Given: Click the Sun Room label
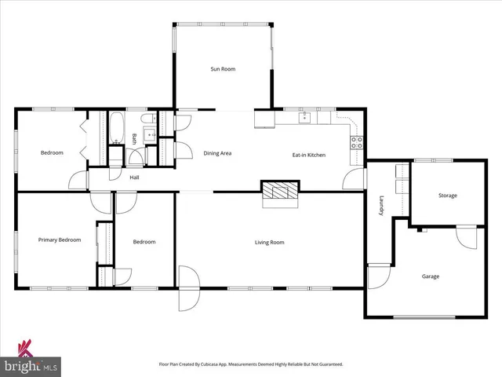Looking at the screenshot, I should click(223, 69).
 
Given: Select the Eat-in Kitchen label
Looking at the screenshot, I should click(309, 155).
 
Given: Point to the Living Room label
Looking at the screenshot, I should click(269, 243).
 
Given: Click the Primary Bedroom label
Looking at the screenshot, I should click(60, 240).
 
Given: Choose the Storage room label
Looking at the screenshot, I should click(447, 196).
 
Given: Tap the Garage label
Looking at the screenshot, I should click(431, 276).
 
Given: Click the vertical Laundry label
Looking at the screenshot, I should click(381, 207).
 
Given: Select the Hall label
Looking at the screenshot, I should click(134, 178).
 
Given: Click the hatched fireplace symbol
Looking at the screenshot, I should click(280, 192).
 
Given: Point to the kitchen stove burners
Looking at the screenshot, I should click(356, 142).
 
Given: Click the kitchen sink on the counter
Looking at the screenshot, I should click(306, 119).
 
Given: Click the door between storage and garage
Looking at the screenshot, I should click(467, 236).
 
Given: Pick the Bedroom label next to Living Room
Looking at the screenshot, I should click(144, 243).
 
